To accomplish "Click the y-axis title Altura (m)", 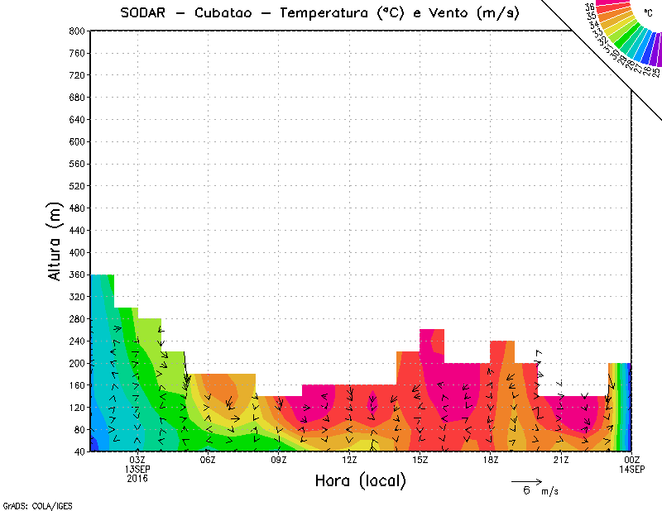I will pyautogui.click(x=55, y=240).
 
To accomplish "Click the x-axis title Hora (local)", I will pyautogui.click(x=360, y=481).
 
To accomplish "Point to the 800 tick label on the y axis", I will pyautogui.click(x=76, y=31).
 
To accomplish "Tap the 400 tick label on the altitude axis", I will pyautogui.click(x=76, y=252).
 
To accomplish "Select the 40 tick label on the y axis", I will pyautogui.click(x=79, y=451).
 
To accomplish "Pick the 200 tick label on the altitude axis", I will pyautogui.click(x=76, y=363).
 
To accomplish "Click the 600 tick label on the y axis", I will pyautogui.click(x=76, y=141).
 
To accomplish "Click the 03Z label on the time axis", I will pyautogui.click(x=137, y=460).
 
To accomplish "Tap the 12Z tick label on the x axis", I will pyautogui.click(x=349, y=460).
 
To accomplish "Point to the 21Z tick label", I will pyautogui.click(x=561, y=460).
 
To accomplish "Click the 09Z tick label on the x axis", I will pyautogui.click(x=279, y=460).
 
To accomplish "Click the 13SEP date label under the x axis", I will pyautogui.click(x=137, y=469).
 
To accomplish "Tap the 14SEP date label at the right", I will pyautogui.click(x=632, y=469).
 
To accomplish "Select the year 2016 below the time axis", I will pyautogui.click(x=137, y=478).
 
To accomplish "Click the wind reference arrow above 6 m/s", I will pyautogui.click(x=526, y=481).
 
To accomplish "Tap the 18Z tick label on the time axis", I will pyautogui.click(x=491, y=460).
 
